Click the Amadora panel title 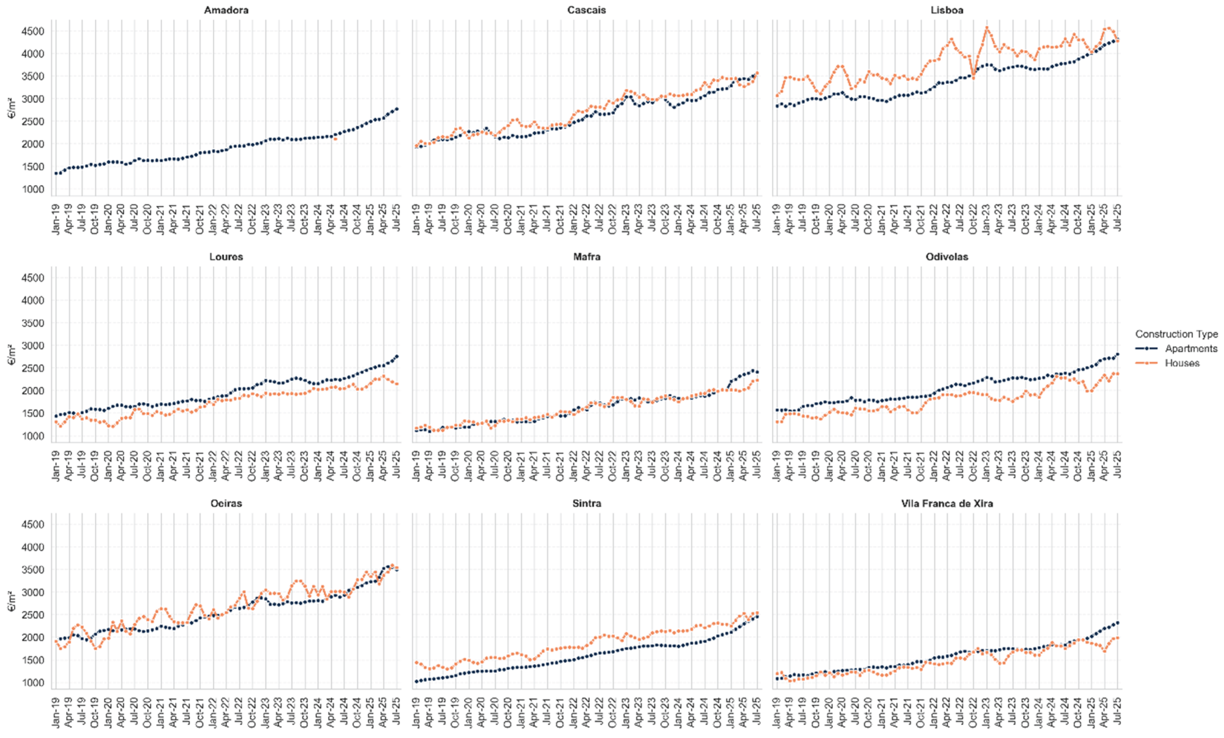point(226,10)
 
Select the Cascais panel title point(586,10)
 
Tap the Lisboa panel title point(947,10)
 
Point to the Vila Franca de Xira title point(947,503)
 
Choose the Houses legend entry point(1182,363)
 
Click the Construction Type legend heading point(1176,334)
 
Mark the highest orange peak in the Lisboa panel point(986,28)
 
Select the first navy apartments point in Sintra point(416,681)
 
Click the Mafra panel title point(586,257)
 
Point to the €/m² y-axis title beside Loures point(12,354)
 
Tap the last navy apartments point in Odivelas point(1117,354)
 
